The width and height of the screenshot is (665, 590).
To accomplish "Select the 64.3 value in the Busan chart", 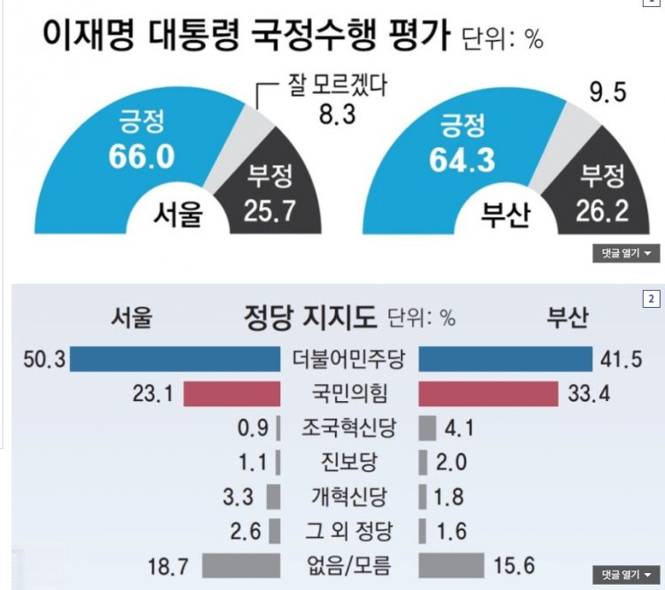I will pyautogui.click(x=464, y=161).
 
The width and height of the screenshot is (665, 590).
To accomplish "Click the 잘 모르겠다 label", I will pyautogui.click(x=338, y=87).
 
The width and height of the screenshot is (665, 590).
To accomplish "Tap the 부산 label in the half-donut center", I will pyautogui.click(x=505, y=216).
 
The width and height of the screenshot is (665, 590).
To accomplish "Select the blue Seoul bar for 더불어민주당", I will pyautogui.click(x=175, y=358).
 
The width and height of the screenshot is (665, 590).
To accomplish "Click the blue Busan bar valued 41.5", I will pyautogui.click(x=505, y=358).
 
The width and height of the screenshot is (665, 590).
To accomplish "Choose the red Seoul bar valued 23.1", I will pyautogui.click(x=232, y=393).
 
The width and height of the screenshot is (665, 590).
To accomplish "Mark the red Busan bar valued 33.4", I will pyautogui.click(x=488, y=393).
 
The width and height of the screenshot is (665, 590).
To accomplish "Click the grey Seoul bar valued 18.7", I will pyautogui.click(x=241, y=565).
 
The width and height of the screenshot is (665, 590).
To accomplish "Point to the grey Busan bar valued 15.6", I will pyautogui.click(x=451, y=565).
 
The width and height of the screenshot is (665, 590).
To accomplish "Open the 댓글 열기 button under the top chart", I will pyautogui.click(x=625, y=254).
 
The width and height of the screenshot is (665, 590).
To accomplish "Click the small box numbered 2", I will pyautogui.click(x=652, y=298).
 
